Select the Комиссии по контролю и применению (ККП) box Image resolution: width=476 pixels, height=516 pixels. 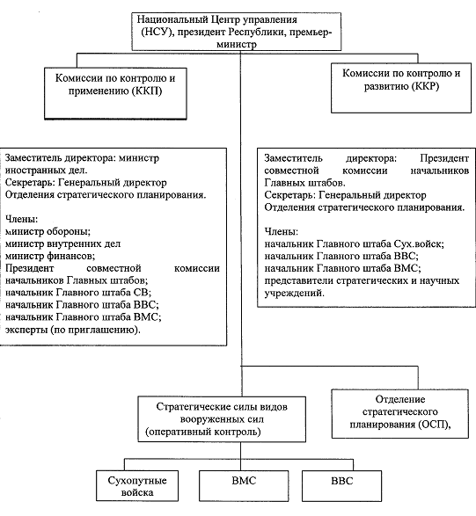115,93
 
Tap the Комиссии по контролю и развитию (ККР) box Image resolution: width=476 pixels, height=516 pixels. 401,88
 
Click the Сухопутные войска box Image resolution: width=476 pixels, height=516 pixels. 137,486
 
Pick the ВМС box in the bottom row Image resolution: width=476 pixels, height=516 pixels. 244,486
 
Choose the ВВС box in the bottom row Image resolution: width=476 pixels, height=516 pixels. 342,486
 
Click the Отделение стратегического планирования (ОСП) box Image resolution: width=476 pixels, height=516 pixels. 400,414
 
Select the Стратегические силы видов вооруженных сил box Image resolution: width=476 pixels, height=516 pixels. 222,419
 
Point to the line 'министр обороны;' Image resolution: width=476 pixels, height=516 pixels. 48,231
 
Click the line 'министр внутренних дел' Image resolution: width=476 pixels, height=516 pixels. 63,243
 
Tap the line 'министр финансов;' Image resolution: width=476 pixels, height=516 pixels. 50,256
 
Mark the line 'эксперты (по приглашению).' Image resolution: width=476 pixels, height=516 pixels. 73,330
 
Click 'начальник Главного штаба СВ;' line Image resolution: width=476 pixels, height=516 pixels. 78,293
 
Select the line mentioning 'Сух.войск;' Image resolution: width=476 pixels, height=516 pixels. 355,243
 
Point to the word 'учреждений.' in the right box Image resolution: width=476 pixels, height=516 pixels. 295,293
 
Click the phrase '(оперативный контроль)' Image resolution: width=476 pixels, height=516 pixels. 203,432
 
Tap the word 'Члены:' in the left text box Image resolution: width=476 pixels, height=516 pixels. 21,219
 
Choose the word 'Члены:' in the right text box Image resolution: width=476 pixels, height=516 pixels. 282,232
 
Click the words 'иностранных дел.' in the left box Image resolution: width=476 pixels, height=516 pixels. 47,171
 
